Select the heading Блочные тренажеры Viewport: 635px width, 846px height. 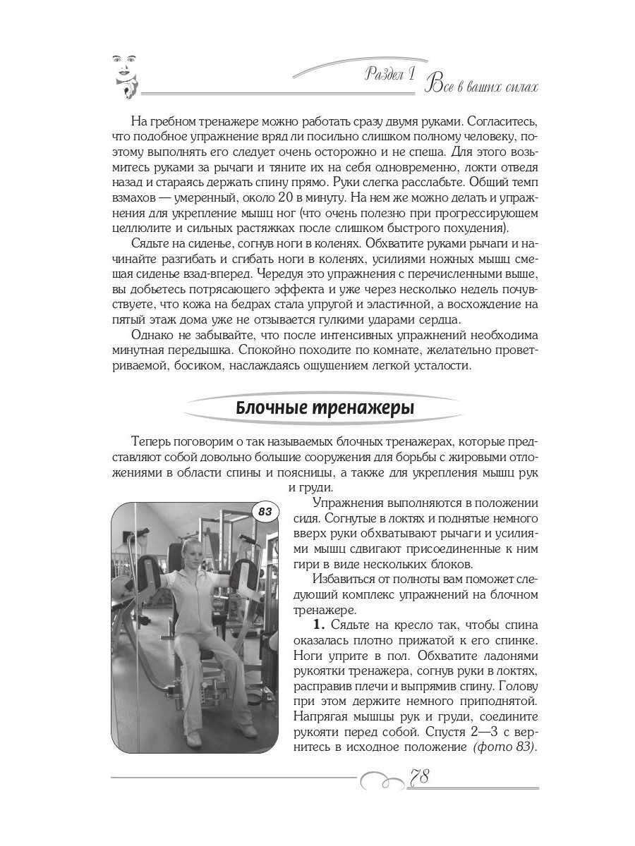(325, 408)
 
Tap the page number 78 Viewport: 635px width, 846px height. (421, 777)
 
